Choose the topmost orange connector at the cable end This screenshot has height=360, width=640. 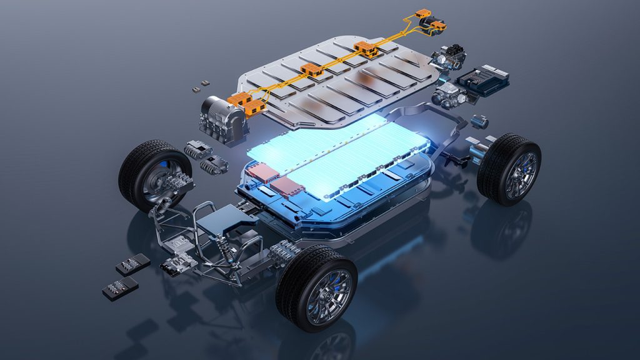click(x=423, y=13)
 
